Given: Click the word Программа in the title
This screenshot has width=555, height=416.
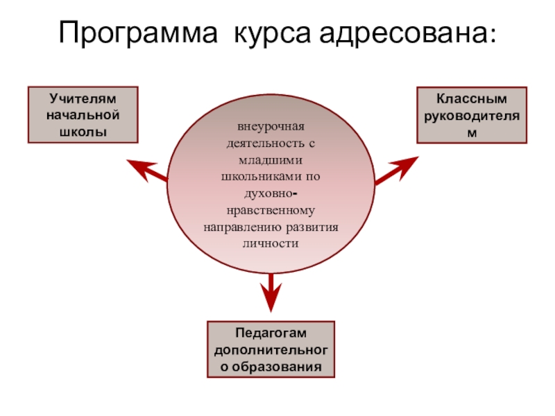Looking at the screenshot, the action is (139, 33).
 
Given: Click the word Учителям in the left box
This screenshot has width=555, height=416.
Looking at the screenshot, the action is (83, 100).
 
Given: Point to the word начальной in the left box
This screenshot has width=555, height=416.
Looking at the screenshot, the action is (83, 115).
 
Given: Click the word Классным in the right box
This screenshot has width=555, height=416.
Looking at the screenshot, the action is (472, 100).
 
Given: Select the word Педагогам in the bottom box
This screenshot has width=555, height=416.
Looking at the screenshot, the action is (271, 335).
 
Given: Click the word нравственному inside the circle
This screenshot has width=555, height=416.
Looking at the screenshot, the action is (271, 210).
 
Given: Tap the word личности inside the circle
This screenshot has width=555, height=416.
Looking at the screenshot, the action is (271, 243).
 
